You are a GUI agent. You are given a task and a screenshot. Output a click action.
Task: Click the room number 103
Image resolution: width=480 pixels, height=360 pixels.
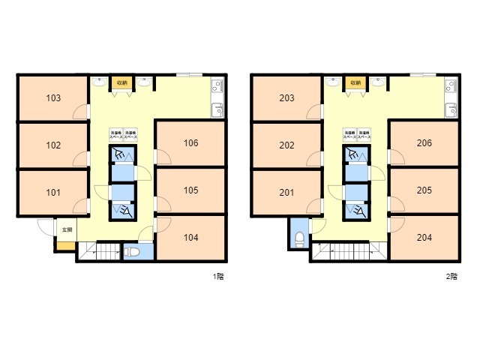pyautogui.click(x=53, y=98)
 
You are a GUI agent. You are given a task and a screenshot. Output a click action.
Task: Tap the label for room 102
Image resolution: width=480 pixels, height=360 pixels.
pyautogui.click(x=53, y=145)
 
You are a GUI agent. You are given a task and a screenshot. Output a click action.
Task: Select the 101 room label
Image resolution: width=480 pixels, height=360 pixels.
pyautogui.click(x=53, y=193)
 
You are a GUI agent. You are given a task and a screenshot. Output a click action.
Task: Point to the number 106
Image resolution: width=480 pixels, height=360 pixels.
pyautogui.click(x=190, y=142)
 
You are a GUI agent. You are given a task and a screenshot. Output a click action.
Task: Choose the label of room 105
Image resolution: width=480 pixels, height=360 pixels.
pyautogui.click(x=190, y=190)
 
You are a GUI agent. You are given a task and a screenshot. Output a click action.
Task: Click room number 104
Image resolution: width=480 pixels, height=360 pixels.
pyautogui.click(x=190, y=238)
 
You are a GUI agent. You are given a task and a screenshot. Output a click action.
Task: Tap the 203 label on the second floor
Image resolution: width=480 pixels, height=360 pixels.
pyautogui.click(x=286, y=98)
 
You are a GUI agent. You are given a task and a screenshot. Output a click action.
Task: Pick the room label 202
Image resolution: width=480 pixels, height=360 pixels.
pyautogui.click(x=286, y=145)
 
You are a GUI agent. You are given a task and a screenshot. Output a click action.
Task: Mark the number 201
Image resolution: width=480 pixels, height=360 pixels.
pyautogui.click(x=286, y=193)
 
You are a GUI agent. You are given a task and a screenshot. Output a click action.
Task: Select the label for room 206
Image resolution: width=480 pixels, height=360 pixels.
pyautogui.click(x=424, y=142)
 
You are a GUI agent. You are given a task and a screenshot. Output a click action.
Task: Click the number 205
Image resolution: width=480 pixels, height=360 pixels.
pyautogui.click(x=424, y=190)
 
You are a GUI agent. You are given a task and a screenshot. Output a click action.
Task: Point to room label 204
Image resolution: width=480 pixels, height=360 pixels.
pyautogui.click(x=424, y=238)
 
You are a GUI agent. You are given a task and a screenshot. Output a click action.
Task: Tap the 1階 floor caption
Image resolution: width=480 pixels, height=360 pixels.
pyautogui.click(x=218, y=276)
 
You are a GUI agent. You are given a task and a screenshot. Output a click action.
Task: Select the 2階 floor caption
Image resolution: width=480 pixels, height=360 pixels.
pyautogui.click(x=451, y=276)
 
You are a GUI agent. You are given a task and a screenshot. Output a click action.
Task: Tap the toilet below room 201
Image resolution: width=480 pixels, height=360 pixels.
pyautogui.click(x=299, y=238)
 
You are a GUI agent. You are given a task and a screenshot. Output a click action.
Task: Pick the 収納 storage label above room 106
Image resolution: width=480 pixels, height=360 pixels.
pyautogui.click(x=120, y=82)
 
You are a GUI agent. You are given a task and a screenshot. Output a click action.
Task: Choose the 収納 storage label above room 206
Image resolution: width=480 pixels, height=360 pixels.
pyautogui.click(x=354, y=82)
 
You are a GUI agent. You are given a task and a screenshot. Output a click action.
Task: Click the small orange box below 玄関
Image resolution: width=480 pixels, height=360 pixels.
pyautogui.click(x=65, y=245)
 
